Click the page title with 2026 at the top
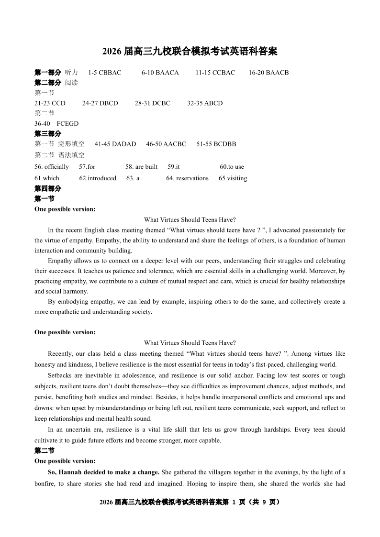coord(190,51)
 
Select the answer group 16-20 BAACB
coord(268,73)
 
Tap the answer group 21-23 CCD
coord(50,103)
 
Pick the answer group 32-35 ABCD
coord(204,103)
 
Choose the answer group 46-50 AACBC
coord(166,144)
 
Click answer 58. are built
coord(141,167)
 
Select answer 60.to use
coord(232,167)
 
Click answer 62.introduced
coord(98,178)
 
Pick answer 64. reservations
coord(187,178)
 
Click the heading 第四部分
coord(48,188)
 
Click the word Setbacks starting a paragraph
coord(61,376)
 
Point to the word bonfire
coord(45,483)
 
